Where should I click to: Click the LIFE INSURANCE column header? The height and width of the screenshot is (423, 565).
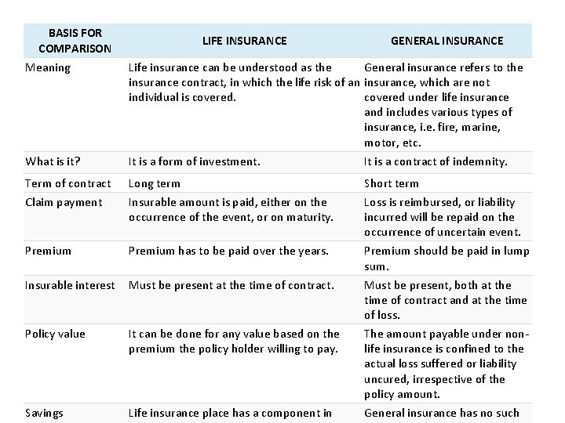tap(244, 41)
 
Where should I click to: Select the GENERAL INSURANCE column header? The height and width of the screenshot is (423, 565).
tap(447, 41)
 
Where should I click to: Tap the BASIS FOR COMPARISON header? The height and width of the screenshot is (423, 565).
tap(75, 41)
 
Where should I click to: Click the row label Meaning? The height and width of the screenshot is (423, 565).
tap(48, 67)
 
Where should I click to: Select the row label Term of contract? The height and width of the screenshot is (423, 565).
tap(68, 183)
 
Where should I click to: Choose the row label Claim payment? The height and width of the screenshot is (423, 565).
tap(64, 202)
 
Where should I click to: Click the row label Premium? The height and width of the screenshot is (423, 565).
tap(49, 251)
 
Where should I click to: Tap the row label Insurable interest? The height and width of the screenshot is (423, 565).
tap(70, 285)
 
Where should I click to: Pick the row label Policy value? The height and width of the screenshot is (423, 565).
tap(55, 334)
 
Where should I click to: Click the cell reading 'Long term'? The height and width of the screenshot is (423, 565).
tap(155, 183)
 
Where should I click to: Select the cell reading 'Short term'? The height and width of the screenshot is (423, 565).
tap(392, 183)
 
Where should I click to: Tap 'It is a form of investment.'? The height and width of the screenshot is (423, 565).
tap(194, 162)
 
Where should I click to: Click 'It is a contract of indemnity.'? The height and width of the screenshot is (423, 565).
tap(436, 162)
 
